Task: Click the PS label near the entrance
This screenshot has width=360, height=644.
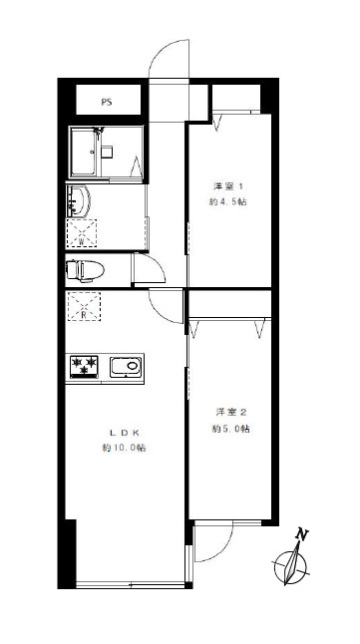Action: pyautogui.click(x=107, y=103)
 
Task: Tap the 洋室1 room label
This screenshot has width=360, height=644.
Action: pyautogui.click(x=228, y=186)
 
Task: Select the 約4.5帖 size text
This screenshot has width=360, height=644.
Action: pyautogui.click(x=228, y=201)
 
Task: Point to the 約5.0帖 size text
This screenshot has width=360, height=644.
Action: pyautogui.click(x=230, y=429)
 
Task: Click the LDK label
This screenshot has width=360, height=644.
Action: pyautogui.click(x=124, y=432)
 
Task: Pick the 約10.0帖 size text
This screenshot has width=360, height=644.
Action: pyautogui.click(x=124, y=448)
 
